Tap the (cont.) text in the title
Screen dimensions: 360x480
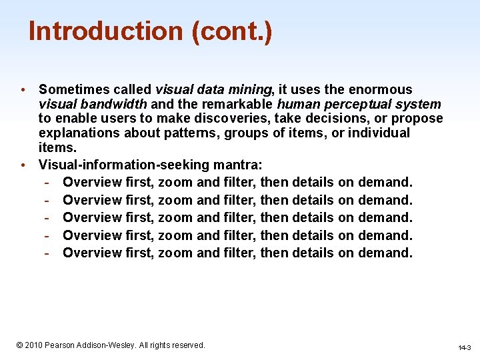click(x=231, y=31)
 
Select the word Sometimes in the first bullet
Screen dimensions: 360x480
click(x=70, y=89)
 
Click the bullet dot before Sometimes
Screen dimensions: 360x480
click(x=23, y=90)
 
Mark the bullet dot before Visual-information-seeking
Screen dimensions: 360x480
click(x=23, y=165)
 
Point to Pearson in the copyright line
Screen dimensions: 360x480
click(x=65, y=345)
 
